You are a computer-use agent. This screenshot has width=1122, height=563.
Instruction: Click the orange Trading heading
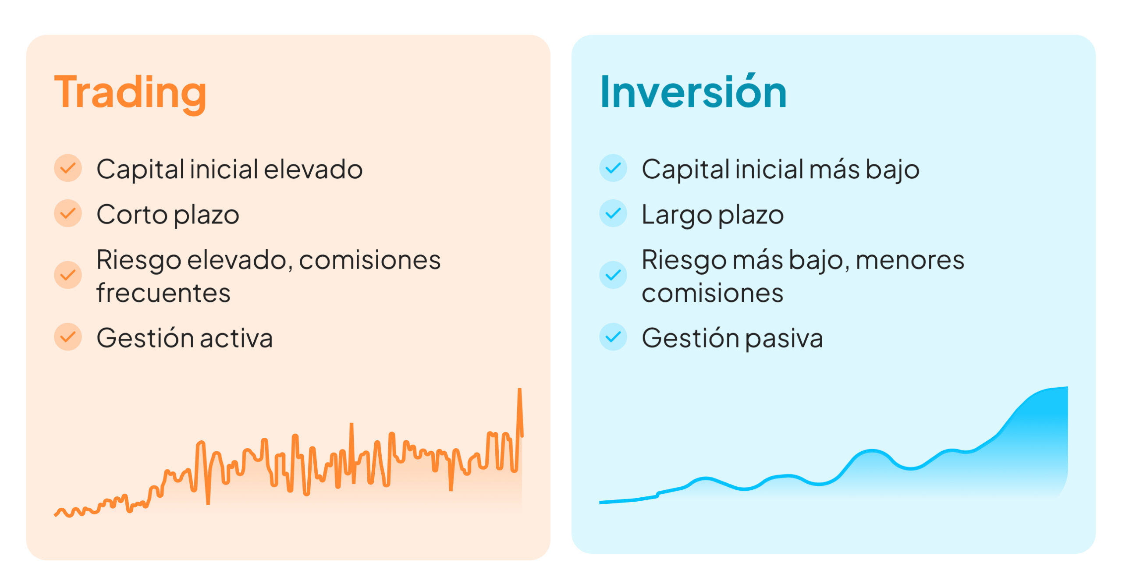[130, 93]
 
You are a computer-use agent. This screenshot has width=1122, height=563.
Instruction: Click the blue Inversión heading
[693, 91]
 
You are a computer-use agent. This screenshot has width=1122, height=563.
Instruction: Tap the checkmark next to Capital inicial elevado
[68, 168]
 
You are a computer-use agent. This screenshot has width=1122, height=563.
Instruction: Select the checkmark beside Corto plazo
[68, 213]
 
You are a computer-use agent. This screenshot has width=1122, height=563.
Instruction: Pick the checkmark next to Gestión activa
[68, 337]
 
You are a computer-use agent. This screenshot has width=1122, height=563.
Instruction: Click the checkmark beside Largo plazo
[613, 213]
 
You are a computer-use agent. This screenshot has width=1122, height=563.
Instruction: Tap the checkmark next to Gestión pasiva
[613, 337]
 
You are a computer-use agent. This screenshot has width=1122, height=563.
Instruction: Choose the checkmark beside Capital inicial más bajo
[613, 168]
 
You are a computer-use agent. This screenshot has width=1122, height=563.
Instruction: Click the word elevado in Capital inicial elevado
[313, 169]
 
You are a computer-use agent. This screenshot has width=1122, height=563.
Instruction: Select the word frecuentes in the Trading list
[163, 293]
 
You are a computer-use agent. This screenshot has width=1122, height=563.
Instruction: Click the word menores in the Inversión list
[910, 260]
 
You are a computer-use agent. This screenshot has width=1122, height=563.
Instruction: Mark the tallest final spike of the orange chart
[519, 389]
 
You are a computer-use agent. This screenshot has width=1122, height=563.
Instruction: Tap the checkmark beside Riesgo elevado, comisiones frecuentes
[68, 275]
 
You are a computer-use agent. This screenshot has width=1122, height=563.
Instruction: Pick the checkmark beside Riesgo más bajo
[613, 275]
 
